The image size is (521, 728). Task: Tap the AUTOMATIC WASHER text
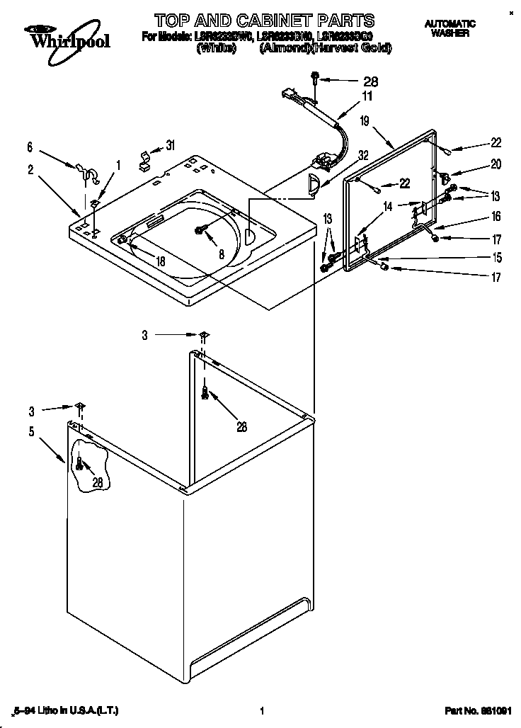[x=450, y=28]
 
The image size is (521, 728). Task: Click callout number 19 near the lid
[x=364, y=121]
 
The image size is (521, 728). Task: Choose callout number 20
[x=496, y=164]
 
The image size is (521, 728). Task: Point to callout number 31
[x=170, y=145]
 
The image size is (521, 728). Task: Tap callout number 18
[x=161, y=261]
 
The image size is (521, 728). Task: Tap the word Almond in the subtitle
[x=284, y=48]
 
